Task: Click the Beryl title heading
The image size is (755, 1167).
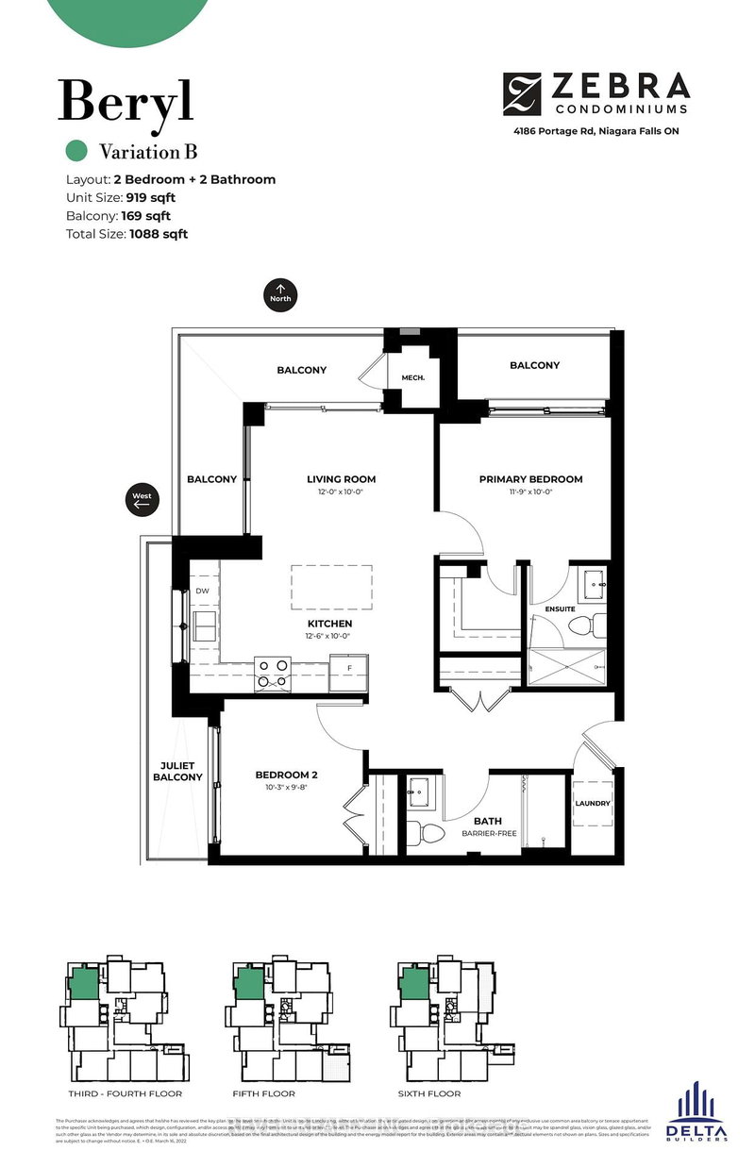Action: point(126,101)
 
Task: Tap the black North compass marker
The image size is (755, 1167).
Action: point(280,292)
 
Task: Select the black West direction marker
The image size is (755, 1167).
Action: point(142,500)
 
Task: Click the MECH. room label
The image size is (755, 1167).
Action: point(413,377)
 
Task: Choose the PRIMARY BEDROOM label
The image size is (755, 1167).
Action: point(530,479)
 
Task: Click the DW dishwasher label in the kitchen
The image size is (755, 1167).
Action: point(202,592)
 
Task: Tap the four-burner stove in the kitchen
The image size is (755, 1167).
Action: point(274,672)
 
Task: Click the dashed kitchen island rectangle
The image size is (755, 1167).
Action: point(331,587)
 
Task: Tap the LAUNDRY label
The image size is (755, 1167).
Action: point(594,804)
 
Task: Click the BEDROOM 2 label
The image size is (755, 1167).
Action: point(286,775)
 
